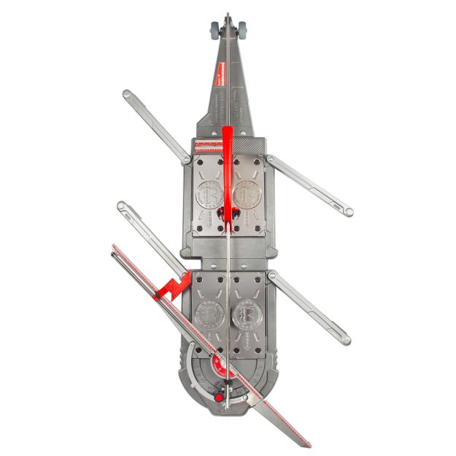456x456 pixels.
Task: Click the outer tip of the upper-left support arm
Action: (x=128, y=94)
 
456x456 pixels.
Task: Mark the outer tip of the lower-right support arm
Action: (x=346, y=340)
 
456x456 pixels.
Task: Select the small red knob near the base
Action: (x=217, y=398)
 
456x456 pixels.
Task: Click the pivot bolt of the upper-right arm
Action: (x=270, y=158)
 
